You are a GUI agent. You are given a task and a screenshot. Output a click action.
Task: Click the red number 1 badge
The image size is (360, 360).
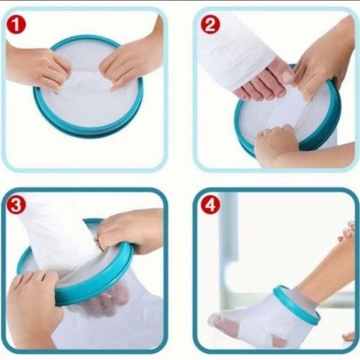[16, 24]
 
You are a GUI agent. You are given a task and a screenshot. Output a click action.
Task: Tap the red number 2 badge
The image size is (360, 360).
[210, 24]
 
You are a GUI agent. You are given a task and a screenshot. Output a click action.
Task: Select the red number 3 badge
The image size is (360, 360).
[16, 205]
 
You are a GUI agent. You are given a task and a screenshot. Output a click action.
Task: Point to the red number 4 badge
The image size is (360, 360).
[210, 205]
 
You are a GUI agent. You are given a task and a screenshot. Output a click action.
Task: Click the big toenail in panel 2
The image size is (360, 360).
[286, 76]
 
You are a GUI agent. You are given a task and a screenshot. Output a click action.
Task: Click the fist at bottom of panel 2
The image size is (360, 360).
[275, 142]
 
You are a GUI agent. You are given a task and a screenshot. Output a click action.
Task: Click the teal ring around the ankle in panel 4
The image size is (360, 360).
[296, 306]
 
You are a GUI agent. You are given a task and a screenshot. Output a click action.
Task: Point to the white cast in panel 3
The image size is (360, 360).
[58, 239]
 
